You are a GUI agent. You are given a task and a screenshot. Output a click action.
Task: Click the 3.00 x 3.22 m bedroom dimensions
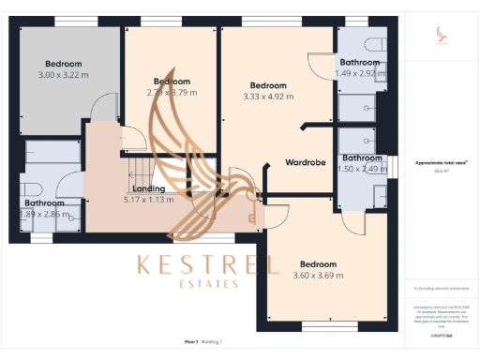64,75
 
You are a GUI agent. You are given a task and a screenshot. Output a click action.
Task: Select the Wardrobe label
306,163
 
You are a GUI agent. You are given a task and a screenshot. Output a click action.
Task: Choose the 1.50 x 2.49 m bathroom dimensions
361,169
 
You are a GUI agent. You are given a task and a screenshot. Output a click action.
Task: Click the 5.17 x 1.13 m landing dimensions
150,199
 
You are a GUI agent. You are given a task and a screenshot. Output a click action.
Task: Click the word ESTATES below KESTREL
208,283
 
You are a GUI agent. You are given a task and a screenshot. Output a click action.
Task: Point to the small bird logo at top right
442,36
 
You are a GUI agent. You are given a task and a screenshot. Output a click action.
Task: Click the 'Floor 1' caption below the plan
191,343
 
